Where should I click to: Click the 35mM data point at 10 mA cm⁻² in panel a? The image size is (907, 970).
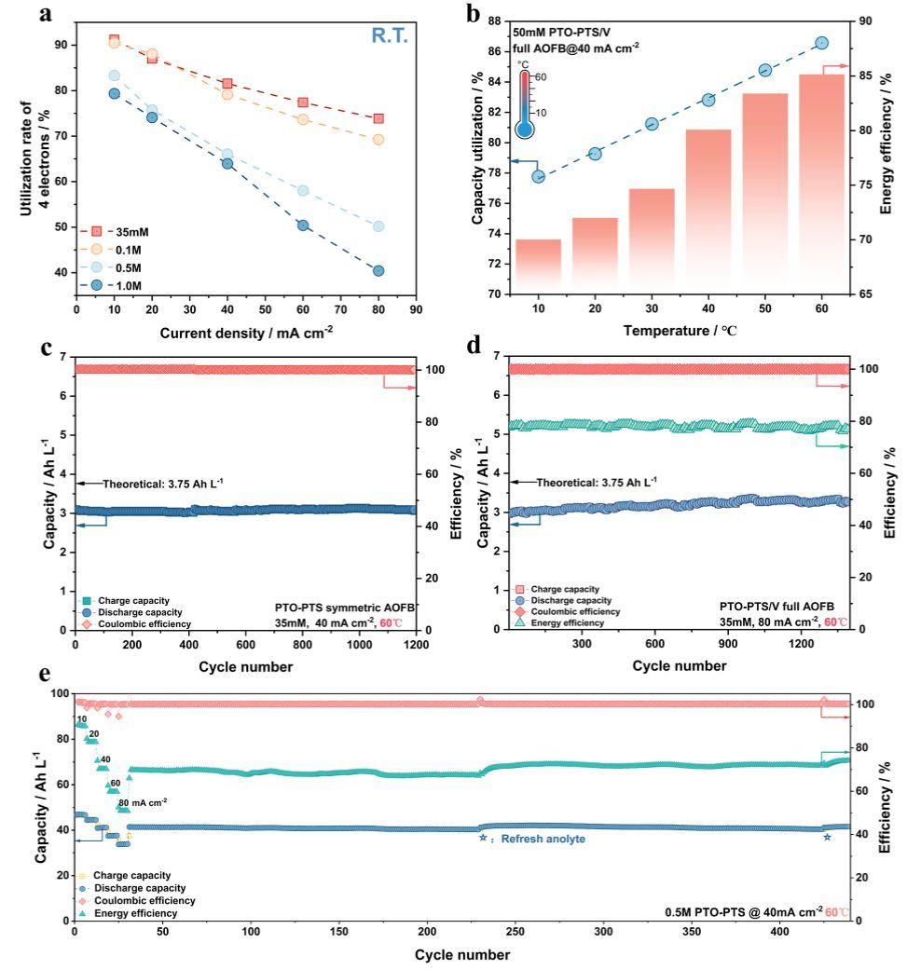pos(115,40)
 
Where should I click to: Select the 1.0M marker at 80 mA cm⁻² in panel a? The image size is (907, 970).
pos(378,271)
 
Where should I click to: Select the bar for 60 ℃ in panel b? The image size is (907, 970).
pos(821,184)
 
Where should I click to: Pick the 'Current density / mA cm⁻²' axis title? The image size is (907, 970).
pos(246,333)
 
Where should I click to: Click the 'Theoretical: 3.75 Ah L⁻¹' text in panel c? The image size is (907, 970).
pos(163,483)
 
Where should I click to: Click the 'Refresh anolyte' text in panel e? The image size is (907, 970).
pos(532,839)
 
